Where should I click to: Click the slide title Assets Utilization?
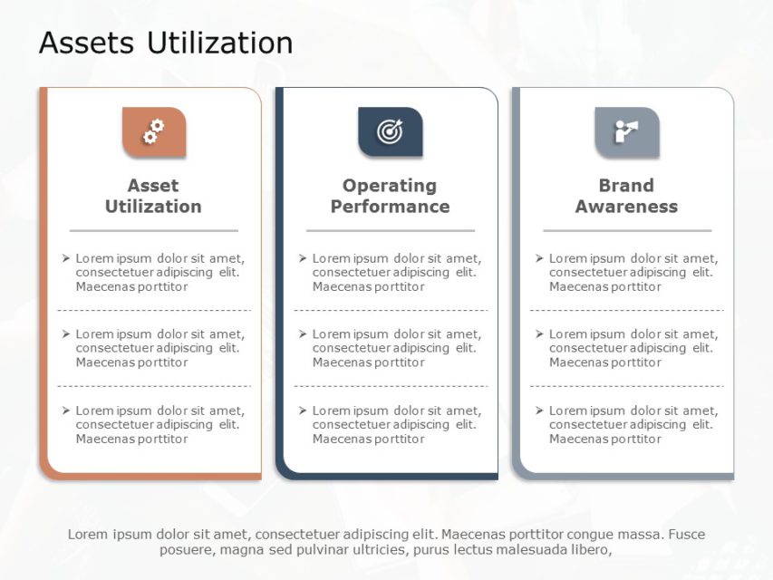(166, 43)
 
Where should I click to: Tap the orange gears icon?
(154, 132)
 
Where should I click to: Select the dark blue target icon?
(390, 132)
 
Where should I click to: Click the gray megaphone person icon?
(626, 132)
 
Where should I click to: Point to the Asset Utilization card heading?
(153, 196)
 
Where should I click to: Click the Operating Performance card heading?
(390, 196)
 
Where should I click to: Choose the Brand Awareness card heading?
(626, 196)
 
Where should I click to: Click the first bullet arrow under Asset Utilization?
(66, 258)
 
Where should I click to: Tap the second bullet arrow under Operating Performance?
(303, 334)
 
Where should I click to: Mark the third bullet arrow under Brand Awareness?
(539, 411)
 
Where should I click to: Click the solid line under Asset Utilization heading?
(153, 231)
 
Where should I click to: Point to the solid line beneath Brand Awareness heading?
(626, 231)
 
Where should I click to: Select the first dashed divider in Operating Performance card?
(391, 310)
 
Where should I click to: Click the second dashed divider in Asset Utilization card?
(154, 386)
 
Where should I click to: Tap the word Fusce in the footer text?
(686, 534)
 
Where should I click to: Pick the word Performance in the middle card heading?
(390, 207)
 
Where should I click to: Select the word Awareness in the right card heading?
(626, 207)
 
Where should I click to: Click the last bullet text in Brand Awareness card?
(633, 425)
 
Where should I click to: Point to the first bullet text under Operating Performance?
(396, 272)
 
